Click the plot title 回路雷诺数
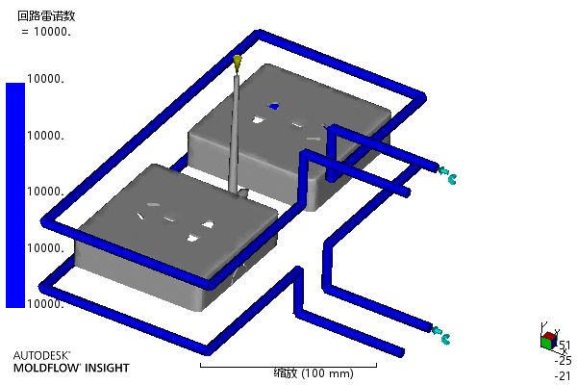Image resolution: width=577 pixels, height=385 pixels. coord(46,15)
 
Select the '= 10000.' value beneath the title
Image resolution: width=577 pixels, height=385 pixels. coord(46,32)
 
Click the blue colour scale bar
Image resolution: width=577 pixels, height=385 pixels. coord(15,194)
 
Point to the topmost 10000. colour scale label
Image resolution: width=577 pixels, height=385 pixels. coord(45,79)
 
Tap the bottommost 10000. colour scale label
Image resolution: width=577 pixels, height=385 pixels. coord(45,303)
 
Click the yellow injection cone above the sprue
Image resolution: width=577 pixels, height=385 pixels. coord(238,63)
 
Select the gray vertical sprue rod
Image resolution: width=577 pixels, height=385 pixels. coord(235,134)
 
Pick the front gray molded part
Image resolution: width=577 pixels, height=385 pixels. coord(176,237)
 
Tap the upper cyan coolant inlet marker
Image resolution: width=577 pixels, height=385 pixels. coord(448,175)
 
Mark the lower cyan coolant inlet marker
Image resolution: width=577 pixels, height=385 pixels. coord(441,335)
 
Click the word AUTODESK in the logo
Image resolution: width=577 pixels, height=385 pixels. coord(40,355)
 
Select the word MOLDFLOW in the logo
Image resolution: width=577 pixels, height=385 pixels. coord(47,368)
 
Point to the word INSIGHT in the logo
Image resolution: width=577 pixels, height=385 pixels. coord(107,368)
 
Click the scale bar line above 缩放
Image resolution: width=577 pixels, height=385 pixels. coord(288,366)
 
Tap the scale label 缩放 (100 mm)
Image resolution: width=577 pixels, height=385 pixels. coord(314,373)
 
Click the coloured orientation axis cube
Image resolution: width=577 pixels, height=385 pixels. coord(549,340)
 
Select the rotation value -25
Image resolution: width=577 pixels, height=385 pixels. coord(563,360)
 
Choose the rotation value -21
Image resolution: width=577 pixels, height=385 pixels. coord(563,375)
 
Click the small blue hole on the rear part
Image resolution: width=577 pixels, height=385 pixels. coord(273,107)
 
